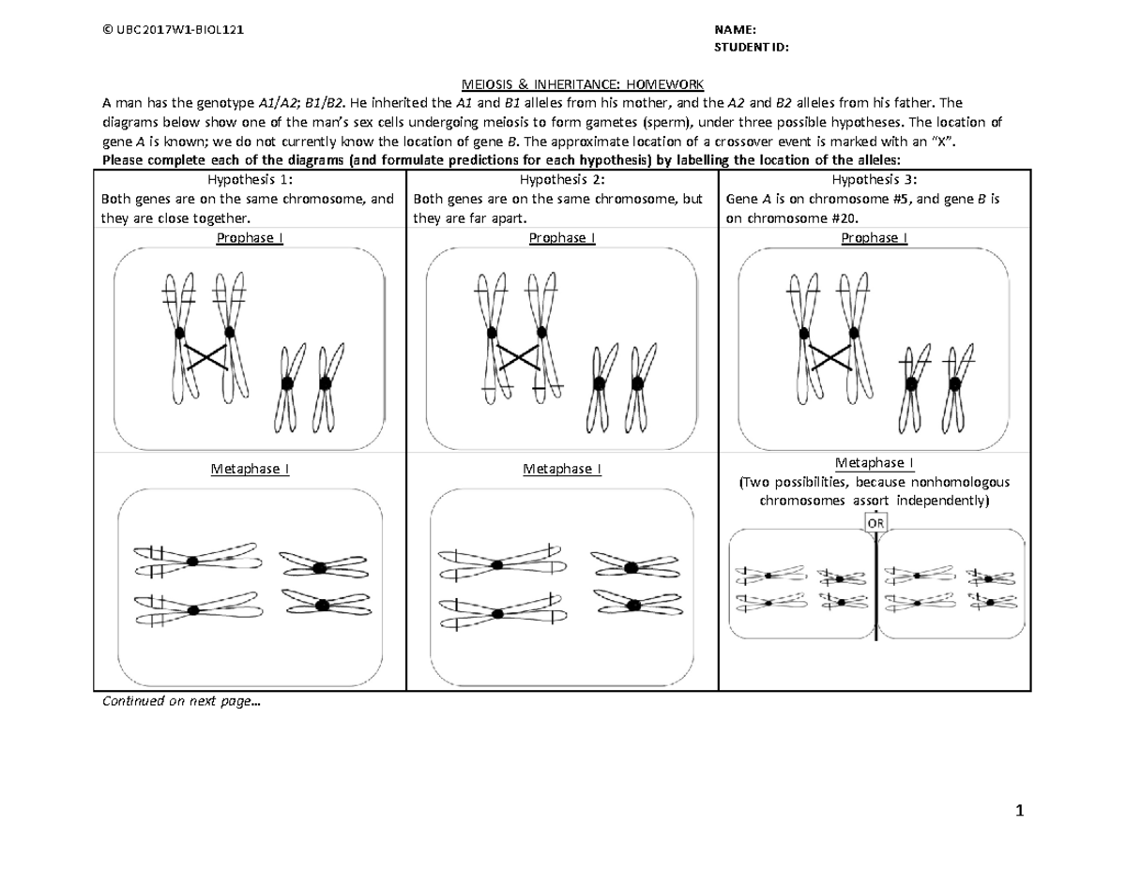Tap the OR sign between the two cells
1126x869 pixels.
pos(875,524)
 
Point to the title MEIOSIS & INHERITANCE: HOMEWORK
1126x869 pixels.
pos(562,86)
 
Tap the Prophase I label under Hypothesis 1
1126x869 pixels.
pos(249,237)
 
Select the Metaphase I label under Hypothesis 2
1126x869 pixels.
pos(561,469)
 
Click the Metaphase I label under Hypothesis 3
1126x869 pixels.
pos(875,463)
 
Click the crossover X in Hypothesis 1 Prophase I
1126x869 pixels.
pos(205,356)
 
